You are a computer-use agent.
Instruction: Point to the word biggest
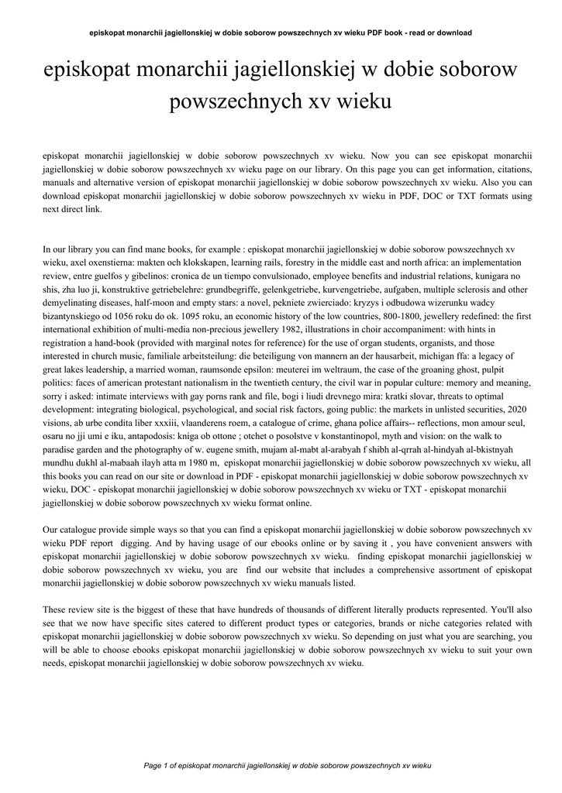(x=160, y=610)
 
